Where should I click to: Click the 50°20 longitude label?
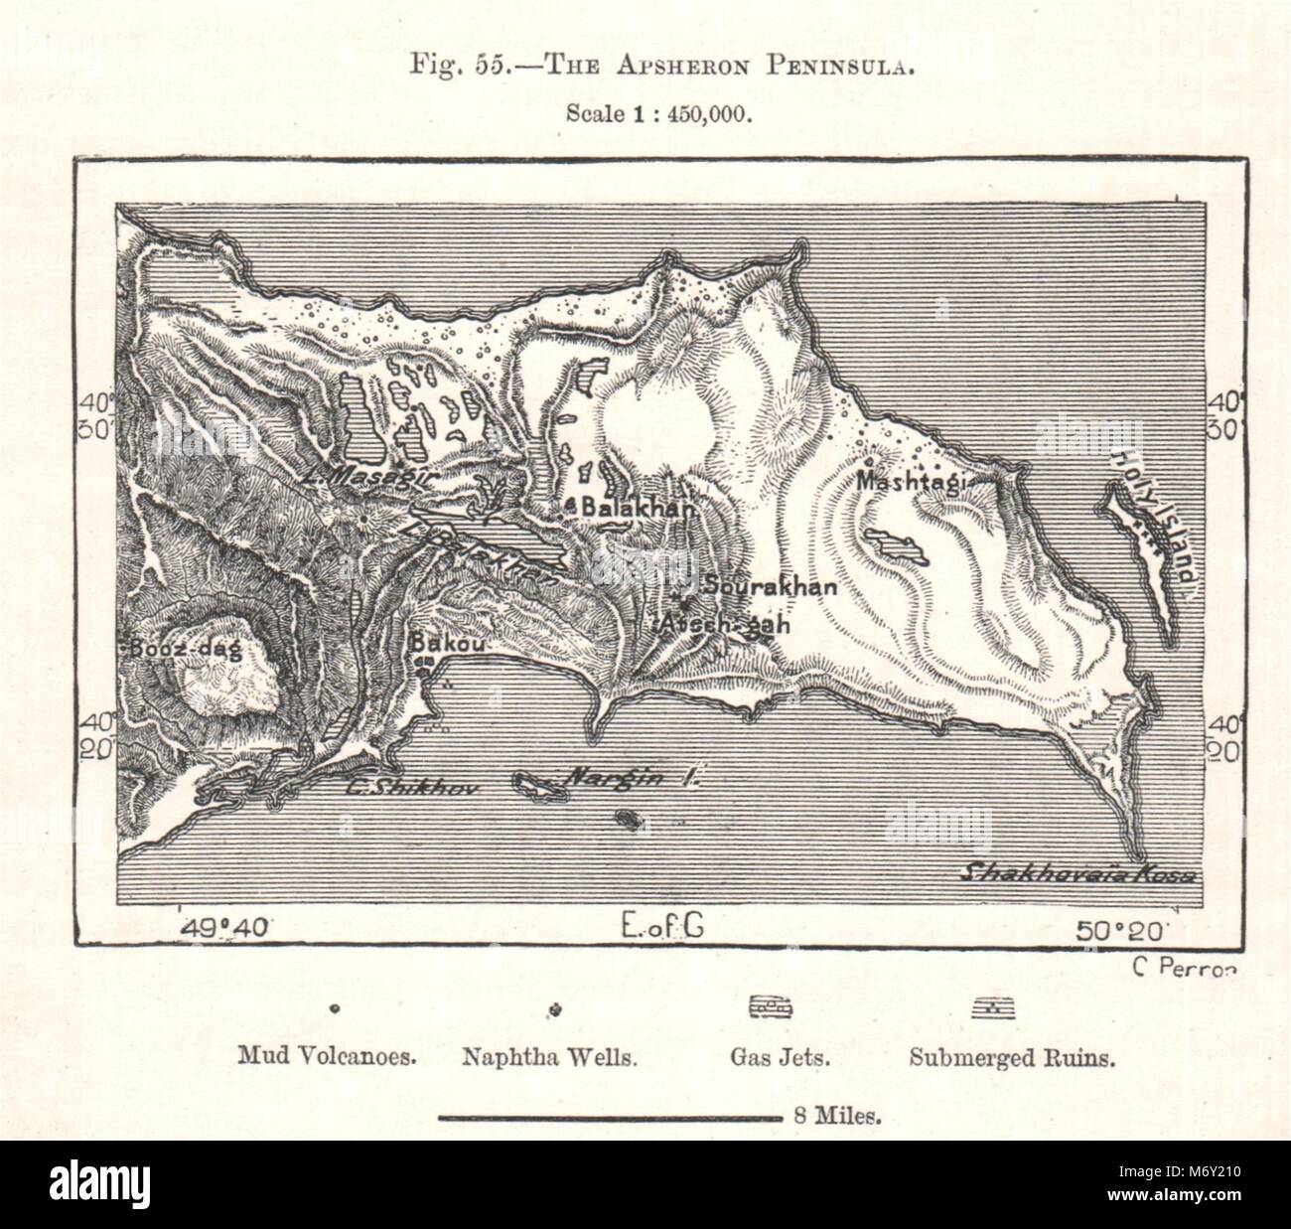[x=1123, y=930]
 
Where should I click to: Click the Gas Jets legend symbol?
[x=770, y=1007]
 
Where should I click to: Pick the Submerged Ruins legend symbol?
[x=994, y=1007]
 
